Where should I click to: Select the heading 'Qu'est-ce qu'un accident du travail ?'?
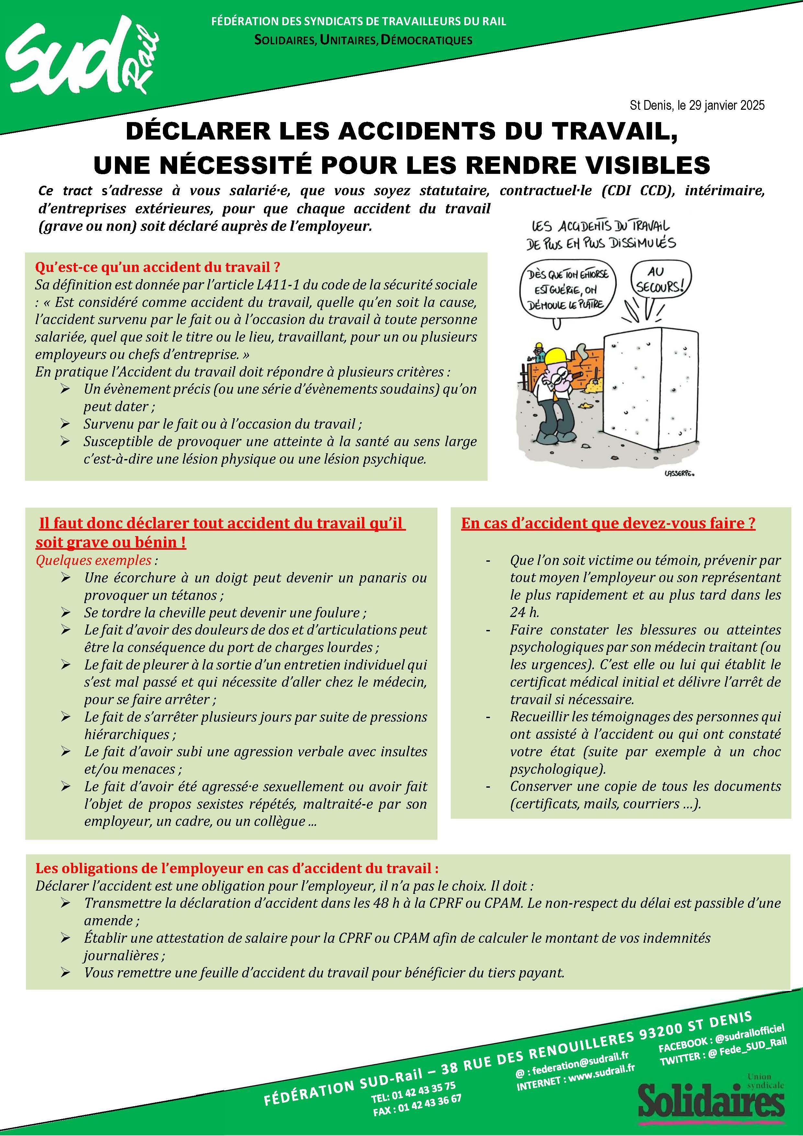pos(158,268)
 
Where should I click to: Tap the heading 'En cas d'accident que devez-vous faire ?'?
pos(608,523)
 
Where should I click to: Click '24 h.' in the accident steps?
pos(524,613)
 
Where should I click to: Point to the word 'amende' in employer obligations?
pos(108,921)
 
